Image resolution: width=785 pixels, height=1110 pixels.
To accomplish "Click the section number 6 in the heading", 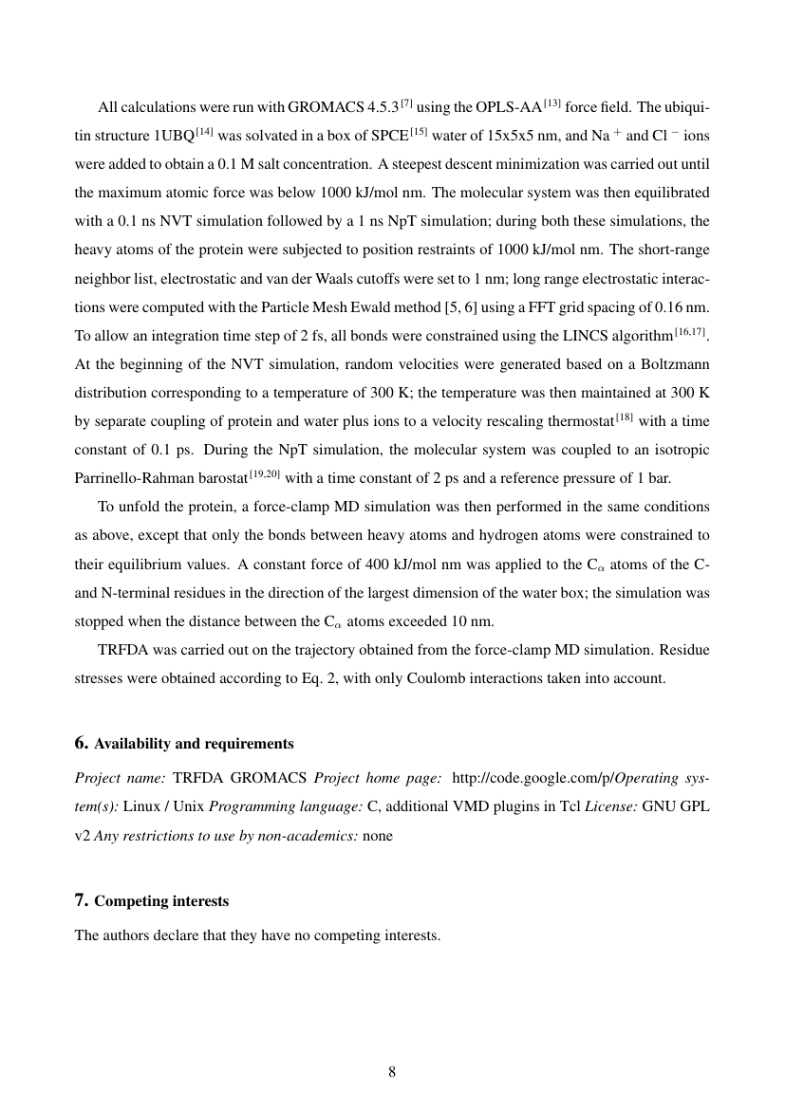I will click(x=82, y=743).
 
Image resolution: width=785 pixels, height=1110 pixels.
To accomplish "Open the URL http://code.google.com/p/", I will click(x=533, y=779).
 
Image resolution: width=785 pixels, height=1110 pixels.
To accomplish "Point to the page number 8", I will click(x=392, y=1072).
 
